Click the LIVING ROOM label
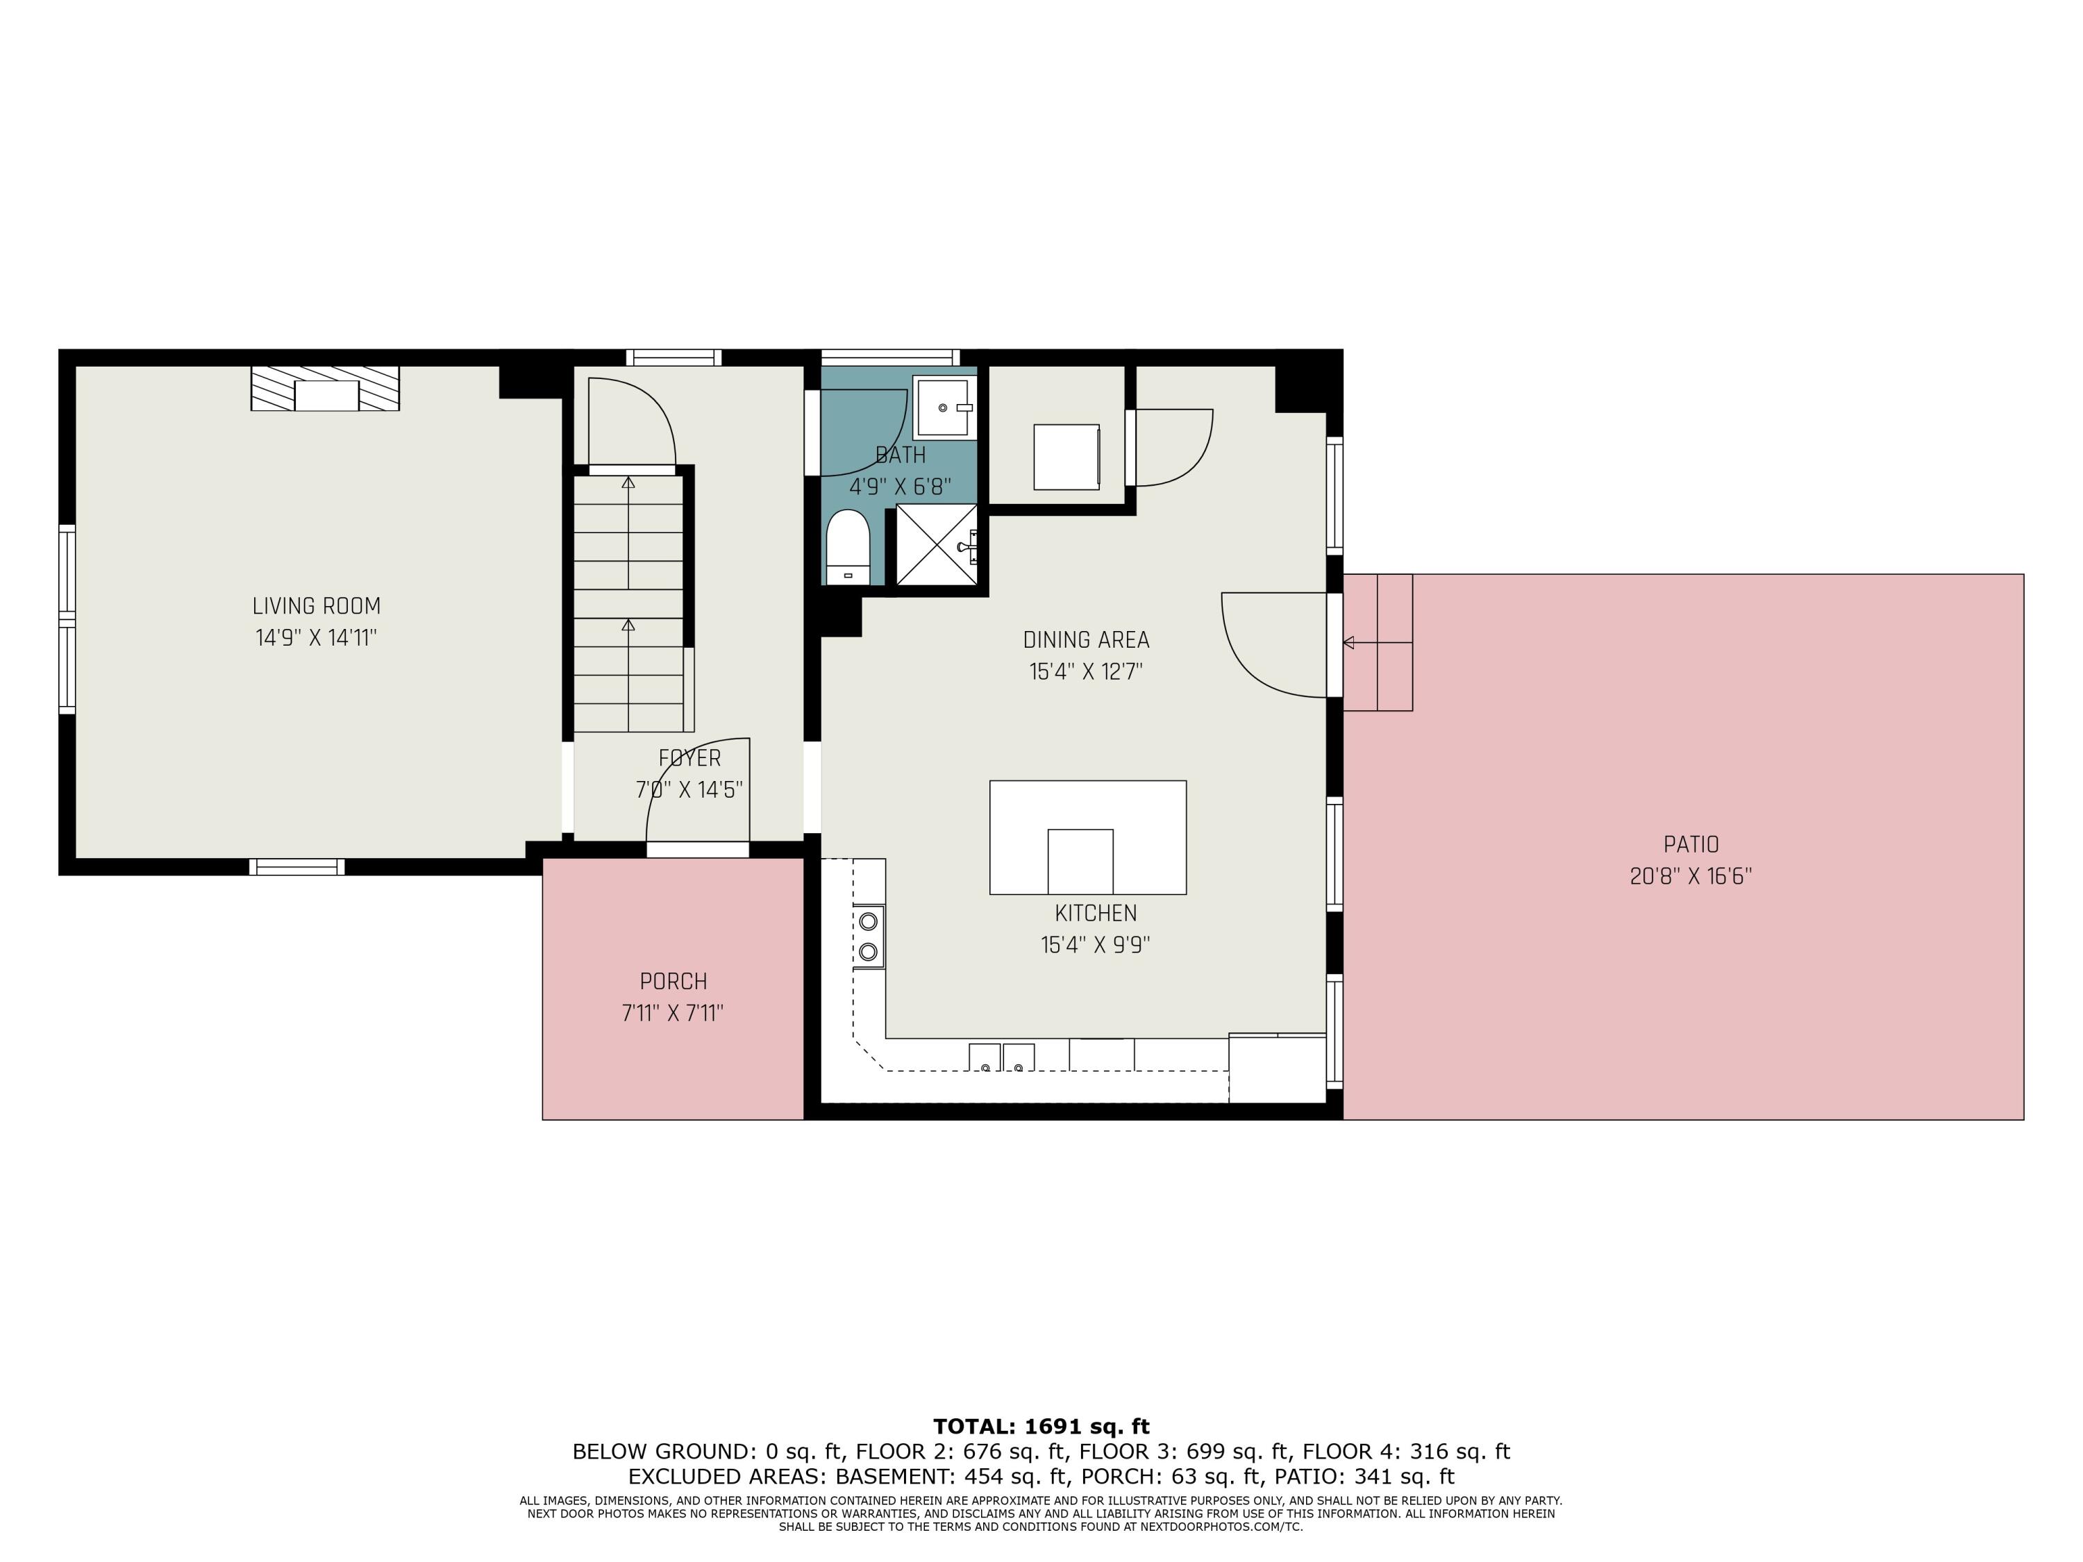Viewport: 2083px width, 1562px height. [x=317, y=606]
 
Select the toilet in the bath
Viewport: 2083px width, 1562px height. [x=846, y=548]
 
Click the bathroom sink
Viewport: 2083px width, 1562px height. [x=944, y=407]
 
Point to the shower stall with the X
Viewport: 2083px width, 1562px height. [x=935, y=544]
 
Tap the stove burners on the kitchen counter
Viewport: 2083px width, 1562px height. [x=868, y=936]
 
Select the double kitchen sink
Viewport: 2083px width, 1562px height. [x=1002, y=1057]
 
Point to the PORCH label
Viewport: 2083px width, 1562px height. [x=674, y=981]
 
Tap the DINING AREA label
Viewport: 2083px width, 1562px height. [x=1086, y=640]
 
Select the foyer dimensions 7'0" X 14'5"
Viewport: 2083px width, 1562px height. [x=689, y=790]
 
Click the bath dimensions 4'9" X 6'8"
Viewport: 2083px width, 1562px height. [x=901, y=487]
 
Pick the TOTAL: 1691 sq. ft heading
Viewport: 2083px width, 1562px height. [x=1041, y=1427]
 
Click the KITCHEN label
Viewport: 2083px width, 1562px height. [x=1095, y=914]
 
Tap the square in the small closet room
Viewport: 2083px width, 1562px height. [x=1066, y=457]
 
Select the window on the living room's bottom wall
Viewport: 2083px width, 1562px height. [x=296, y=867]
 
